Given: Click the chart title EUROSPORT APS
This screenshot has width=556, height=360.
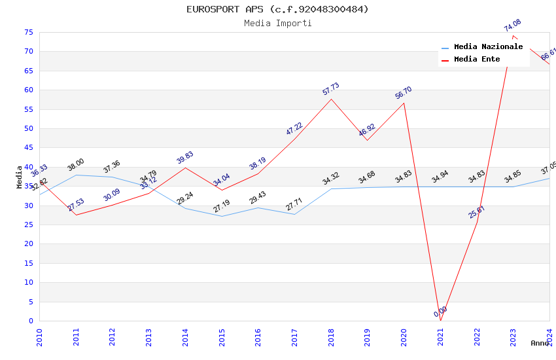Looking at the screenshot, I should click(x=277, y=9).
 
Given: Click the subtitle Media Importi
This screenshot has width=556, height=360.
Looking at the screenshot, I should click(x=277, y=23).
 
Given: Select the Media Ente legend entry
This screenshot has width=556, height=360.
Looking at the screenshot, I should click(x=477, y=60).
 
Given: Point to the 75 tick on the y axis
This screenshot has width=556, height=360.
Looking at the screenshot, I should click(x=28, y=33).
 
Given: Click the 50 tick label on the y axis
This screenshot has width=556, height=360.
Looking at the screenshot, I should click(x=28, y=129).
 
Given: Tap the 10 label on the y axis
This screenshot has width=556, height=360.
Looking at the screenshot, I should click(x=28, y=283).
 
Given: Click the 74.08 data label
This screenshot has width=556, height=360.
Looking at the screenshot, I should click(x=512, y=26).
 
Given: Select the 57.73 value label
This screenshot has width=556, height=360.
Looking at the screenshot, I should click(x=331, y=89).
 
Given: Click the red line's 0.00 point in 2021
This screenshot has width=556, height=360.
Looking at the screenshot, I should click(x=440, y=321).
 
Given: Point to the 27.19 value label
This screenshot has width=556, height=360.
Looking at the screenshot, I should click(x=222, y=206).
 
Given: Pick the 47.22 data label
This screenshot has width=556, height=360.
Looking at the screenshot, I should click(x=294, y=128).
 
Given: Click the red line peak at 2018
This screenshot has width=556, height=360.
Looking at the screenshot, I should click(x=332, y=99).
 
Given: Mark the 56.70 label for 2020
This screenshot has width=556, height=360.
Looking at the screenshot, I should click(x=404, y=93).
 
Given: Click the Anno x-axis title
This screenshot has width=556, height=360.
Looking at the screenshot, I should click(x=540, y=343).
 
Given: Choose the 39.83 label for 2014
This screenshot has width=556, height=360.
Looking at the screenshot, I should click(x=185, y=158).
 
